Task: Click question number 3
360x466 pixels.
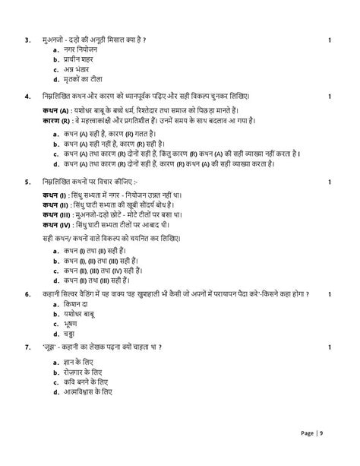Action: point(27,39)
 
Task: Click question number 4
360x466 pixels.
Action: point(27,97)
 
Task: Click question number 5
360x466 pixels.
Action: point(27,182)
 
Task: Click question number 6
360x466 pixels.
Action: point(27,293)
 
